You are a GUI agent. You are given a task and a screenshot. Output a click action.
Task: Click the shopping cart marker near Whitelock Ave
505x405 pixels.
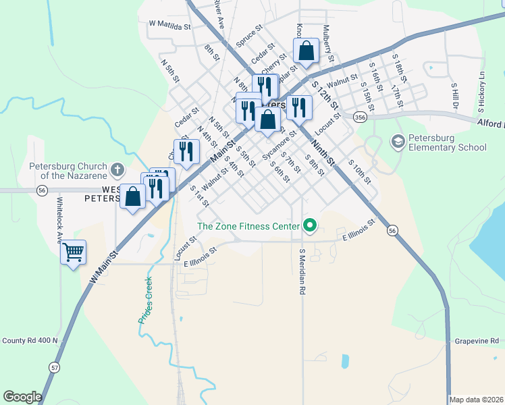click(73, 253)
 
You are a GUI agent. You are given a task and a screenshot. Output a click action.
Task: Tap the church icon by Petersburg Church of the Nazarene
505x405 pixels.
click(117, 168)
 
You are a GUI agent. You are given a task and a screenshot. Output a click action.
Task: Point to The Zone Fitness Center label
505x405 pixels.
click(248, 226)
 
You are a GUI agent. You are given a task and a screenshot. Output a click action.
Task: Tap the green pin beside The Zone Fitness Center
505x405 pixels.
click(310, 225)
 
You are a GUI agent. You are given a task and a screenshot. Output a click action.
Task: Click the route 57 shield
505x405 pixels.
click(54, 367)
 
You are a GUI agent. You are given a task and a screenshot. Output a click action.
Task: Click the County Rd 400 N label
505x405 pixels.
click(30, 341)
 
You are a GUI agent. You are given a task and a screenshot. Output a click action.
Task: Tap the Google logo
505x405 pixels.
click(23, 397)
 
